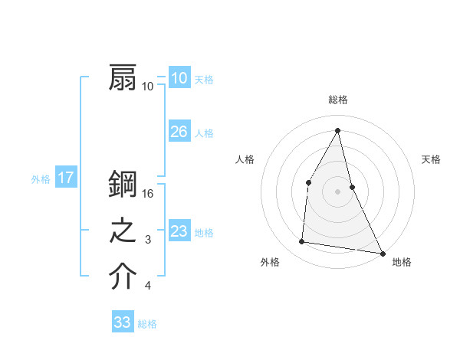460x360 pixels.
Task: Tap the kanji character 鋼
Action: click(x=123, y=185)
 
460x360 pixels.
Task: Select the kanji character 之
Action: click(x=123, y=231)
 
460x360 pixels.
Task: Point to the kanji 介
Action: click(x=123, y=277)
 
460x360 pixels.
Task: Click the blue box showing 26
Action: click(x=179, y=132)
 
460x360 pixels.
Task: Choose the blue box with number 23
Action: click(x=179, y=231)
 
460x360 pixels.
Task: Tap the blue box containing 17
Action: click(x=65, y=178)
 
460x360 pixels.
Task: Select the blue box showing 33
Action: click(x=122, y=322)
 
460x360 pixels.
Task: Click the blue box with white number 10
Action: click(x=179, y=78)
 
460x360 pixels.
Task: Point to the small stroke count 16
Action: click(x=149, y=194)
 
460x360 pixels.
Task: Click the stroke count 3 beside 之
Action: click(x=148, y=240)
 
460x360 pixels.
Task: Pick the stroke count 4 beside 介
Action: click(x=148, y=286)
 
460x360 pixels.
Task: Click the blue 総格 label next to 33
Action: click(x=147, y=324)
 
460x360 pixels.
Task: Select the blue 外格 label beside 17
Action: click(x=41, y=179)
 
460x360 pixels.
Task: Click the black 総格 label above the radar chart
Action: click(x=337, y=100)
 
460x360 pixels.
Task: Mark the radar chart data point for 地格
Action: click(x=382, y=253)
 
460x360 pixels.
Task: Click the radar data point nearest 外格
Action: click(x=302, y=242)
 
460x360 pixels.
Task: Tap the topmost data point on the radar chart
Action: click(x=337, y=129)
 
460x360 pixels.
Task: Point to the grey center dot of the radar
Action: click(x=337, y=191)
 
